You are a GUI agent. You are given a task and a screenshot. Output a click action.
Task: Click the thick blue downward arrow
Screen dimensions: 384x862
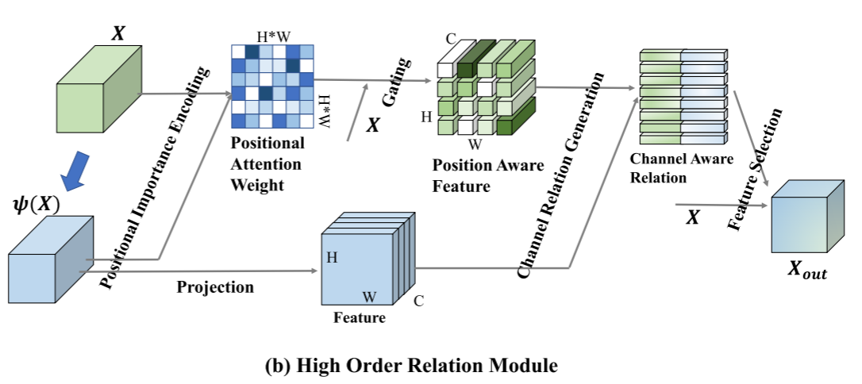coord(75,171)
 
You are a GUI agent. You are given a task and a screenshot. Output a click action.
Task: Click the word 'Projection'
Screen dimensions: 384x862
coord(215,287)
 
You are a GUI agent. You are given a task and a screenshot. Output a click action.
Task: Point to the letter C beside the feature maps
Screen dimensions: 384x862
coord(418,301)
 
